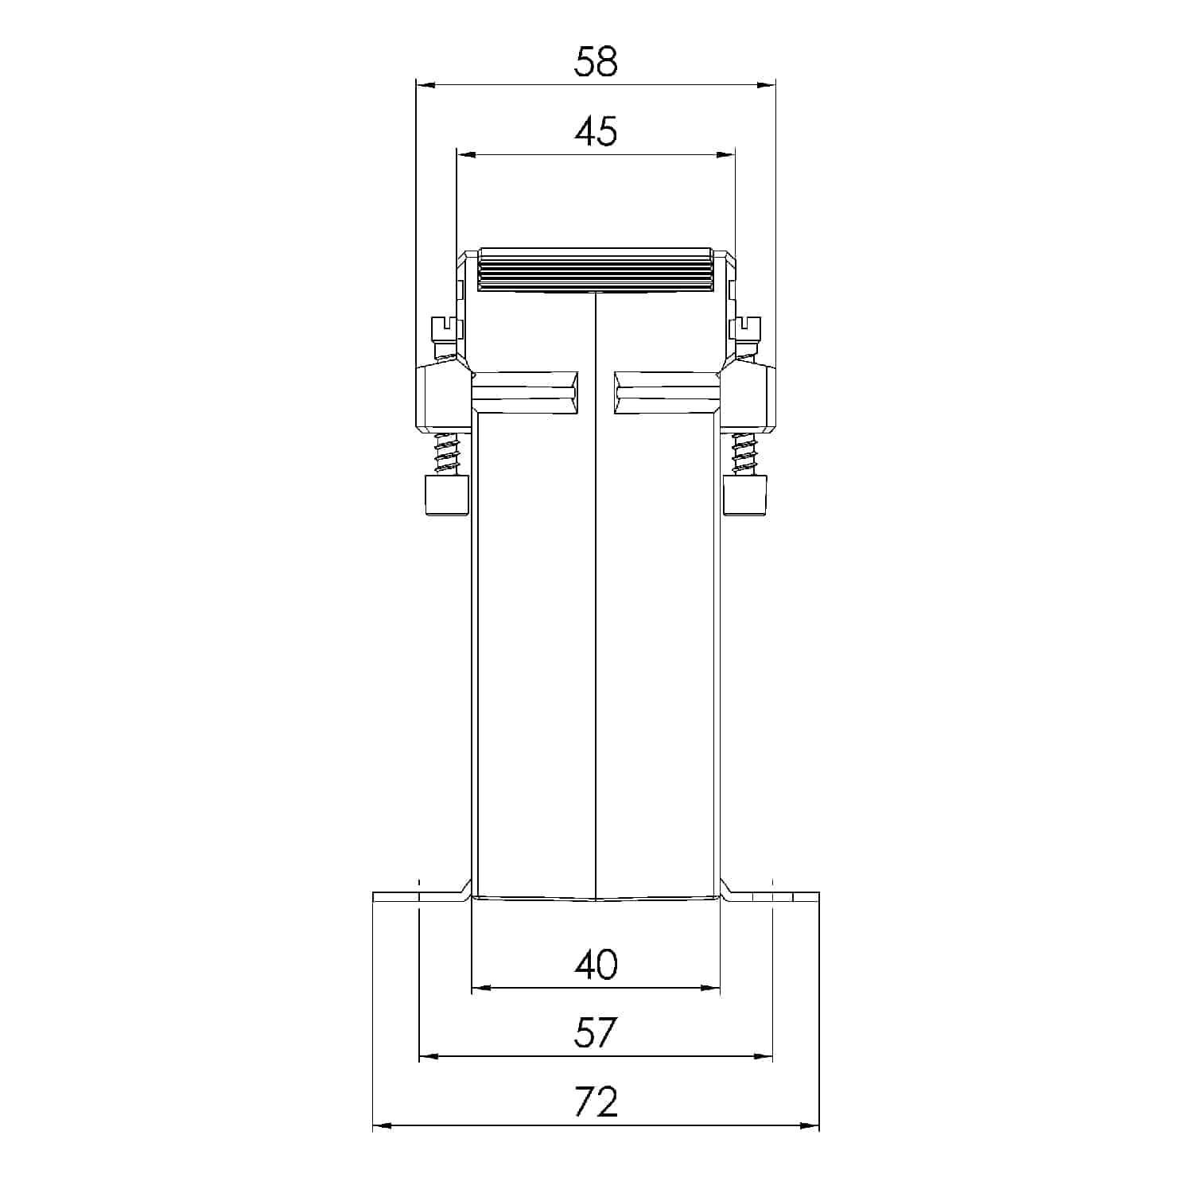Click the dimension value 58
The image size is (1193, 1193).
click(x=596, y=62)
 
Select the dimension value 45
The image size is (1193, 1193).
click(x=596, y=131)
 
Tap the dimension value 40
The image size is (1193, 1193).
click(x=596, y=965)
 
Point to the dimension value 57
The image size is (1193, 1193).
click(x=596, y=1033)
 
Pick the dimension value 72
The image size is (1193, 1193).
click(x=596, y=1102)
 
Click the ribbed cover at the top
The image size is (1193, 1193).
click(x=596, y=270)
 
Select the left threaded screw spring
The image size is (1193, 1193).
click(x=448, y=453)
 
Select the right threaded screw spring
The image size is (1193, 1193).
click(x=744, y=453)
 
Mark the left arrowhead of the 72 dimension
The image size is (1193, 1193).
click(x=382, y=1125)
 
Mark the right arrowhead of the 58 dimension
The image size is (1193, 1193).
click(x=767, y=84)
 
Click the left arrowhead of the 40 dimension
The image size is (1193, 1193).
click(x=480, y=988)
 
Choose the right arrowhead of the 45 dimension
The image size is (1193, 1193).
click(x=726, y=154)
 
